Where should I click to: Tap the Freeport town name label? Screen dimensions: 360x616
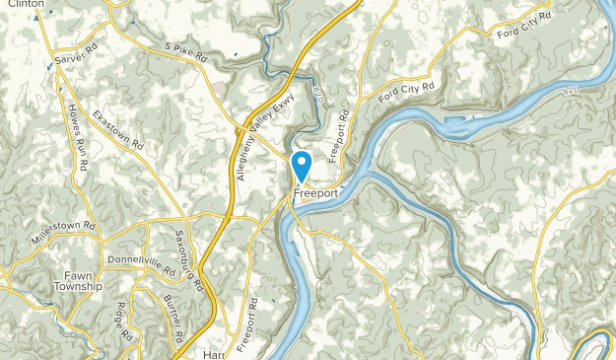[x=315, y=193]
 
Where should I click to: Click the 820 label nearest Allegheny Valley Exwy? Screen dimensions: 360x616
[x=316, y=94]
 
